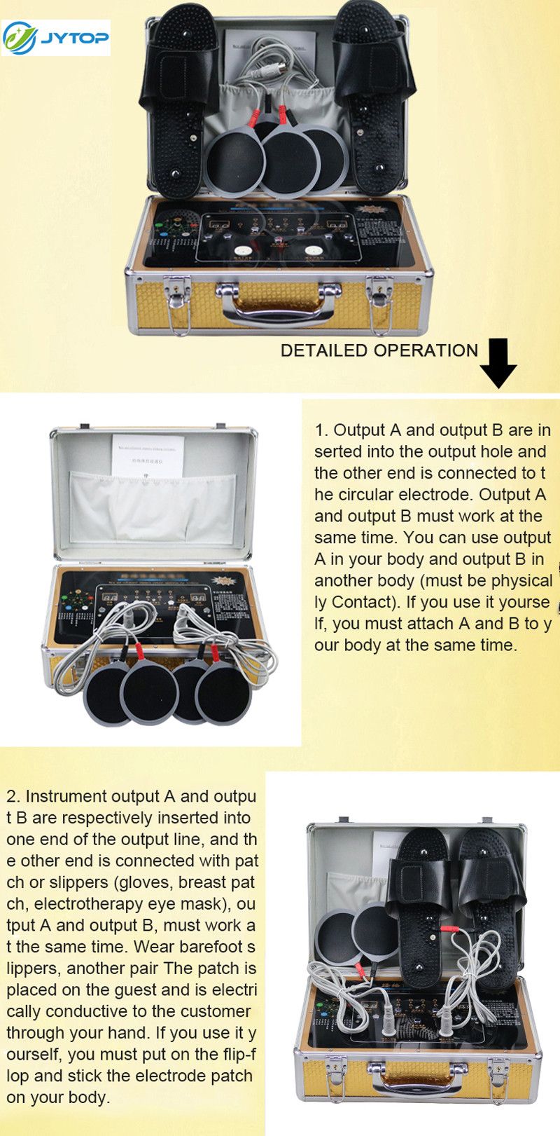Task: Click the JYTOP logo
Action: click(56, 38)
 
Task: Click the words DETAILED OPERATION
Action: click(379, 350)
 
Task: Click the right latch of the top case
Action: click(379, 299)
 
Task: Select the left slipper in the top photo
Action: click(178, 98)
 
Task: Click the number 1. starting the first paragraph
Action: click(321, 430)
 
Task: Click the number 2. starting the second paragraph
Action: click(15, 796)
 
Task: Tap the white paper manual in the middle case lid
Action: click(148, 456)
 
